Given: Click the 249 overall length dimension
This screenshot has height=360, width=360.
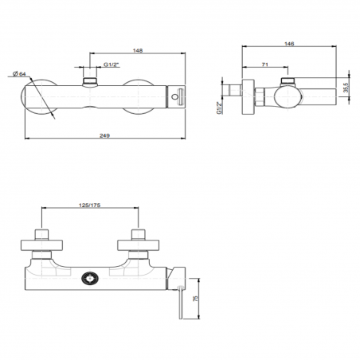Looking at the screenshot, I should (104, 135).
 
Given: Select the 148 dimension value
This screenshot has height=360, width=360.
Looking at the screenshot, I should (138, 51).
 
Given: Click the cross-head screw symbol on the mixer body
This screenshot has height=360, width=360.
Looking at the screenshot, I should (89, 280).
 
